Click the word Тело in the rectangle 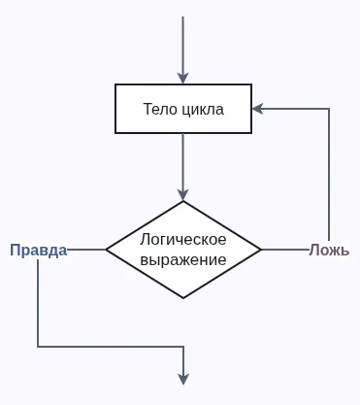point(158,109)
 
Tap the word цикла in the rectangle point(202,109)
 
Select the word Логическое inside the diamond point(183,239)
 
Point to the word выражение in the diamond point(183,260)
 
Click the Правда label point(39,250)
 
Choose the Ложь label point(329,250)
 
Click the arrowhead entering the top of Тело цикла point(183,78)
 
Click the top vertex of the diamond point(183,202)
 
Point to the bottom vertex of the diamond point(183,298)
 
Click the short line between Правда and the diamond point(86,250)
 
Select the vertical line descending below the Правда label point(39,301)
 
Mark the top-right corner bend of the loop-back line point(329,109)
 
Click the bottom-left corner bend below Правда point(39,346)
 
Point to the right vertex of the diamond point(261,250)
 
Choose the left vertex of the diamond point(106,250)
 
